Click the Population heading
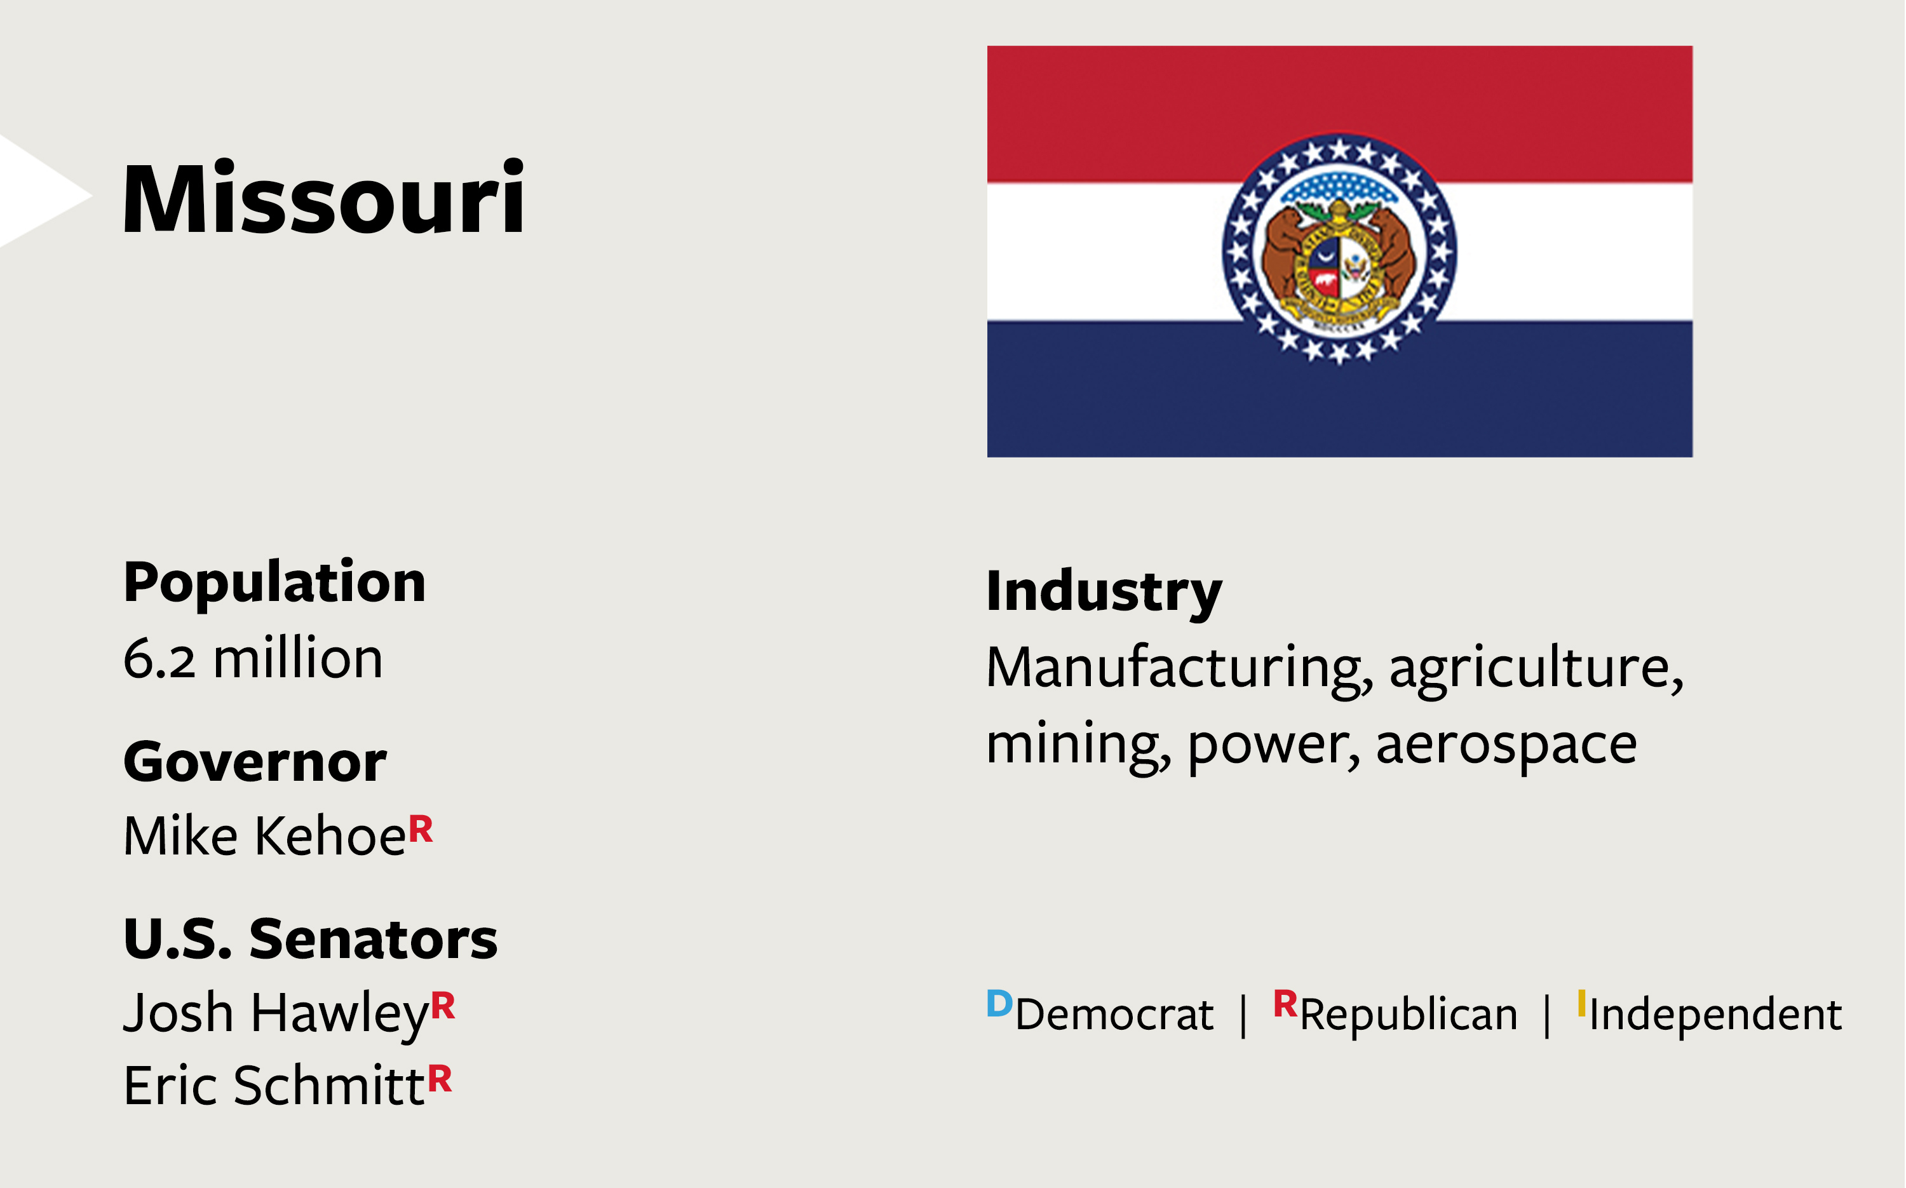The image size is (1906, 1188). point(274,583)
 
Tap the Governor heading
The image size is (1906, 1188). point(255,760)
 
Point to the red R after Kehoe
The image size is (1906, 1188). point(421,828)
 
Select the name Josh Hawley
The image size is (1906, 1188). point(276,1013)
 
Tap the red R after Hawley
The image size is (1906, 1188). point(443,1005)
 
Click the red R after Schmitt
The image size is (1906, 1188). point(440,1078)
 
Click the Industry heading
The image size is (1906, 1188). point(1104,591)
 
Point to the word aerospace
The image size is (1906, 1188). point(1506,744)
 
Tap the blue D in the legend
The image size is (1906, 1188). point(999,1003)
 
